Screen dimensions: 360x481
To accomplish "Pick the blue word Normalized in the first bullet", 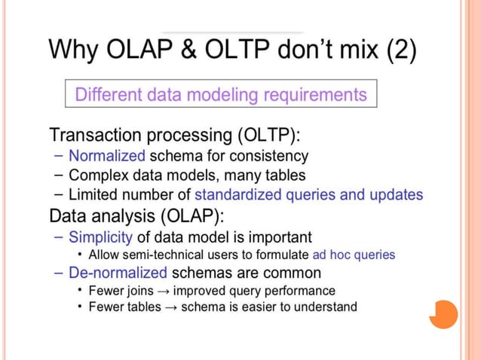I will [106, 157].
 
